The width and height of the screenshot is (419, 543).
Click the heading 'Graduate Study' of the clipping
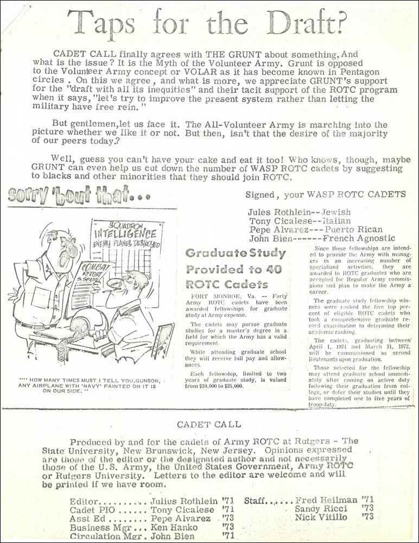coord(236,253)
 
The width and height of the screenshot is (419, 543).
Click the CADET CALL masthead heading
coord(210,424)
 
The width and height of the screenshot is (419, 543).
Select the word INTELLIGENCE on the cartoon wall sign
coord(125,235)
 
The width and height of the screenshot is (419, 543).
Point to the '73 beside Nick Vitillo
coord(368,517)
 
